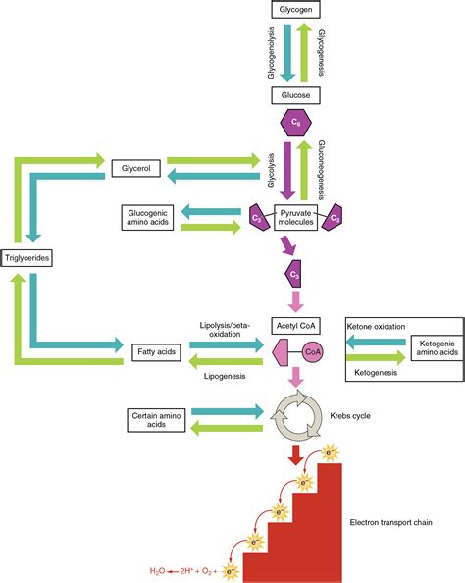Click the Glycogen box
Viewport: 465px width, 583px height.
295,9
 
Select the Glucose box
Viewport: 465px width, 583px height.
295,95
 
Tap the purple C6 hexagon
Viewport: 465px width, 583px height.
295,123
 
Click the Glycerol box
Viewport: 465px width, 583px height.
136,168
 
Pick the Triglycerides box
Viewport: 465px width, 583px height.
26,258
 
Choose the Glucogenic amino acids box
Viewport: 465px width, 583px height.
147,218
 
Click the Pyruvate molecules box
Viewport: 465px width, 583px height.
296,218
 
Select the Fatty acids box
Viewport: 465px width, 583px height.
157,352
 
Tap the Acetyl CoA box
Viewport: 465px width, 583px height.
295,326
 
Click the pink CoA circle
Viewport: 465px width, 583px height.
313,352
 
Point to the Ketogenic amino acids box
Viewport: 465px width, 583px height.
438,348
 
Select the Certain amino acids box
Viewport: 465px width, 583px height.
156,420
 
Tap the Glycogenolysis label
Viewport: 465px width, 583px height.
271,52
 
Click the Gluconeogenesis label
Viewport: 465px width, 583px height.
322,170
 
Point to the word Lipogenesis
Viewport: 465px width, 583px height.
225,376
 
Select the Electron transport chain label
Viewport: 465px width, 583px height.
391,522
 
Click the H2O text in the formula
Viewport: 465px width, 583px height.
157,571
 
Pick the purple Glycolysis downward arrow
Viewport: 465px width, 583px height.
287,171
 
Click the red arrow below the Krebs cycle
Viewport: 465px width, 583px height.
296,455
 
